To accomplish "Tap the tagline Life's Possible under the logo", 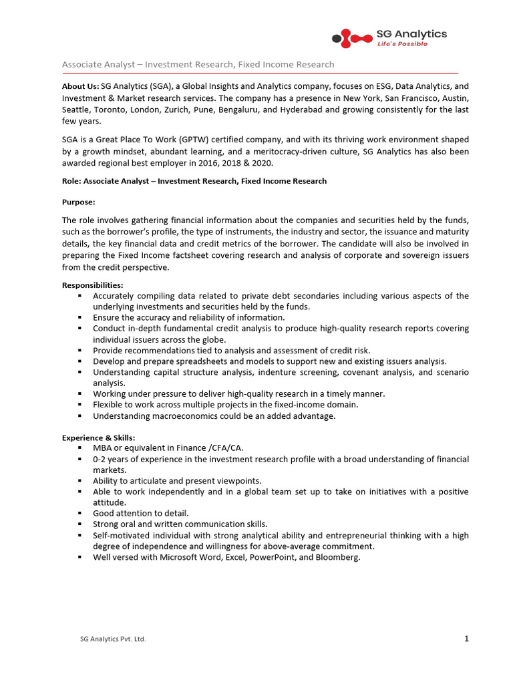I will (x=403, y=44).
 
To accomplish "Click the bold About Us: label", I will (x=80, y=86).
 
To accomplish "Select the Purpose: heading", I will (x=79, y=202).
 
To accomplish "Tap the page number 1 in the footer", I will (x=466, y=639).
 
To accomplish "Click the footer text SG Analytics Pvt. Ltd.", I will (x=113, y=639).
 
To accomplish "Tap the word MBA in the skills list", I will (x=103, y=448).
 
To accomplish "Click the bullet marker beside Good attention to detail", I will (x=79, y=513).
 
